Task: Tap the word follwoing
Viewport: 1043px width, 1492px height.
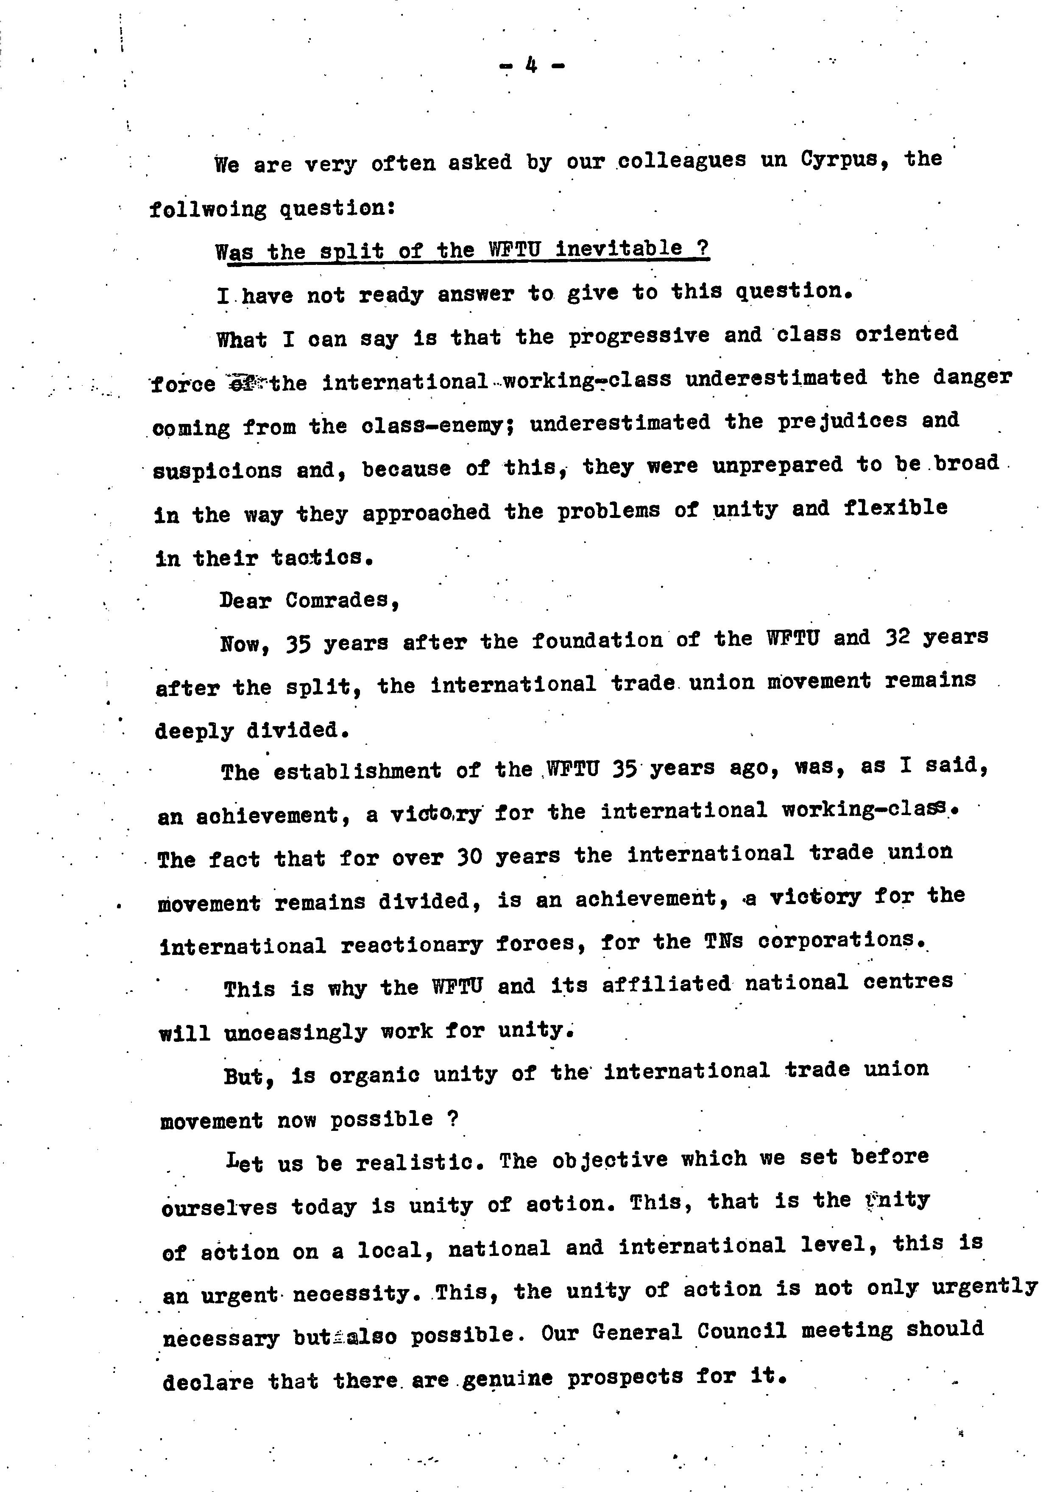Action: [208, 209]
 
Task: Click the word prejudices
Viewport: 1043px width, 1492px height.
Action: [842, 422]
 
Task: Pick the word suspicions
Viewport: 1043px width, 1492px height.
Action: [218, 470]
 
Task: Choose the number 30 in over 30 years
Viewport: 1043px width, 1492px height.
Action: [469, 857]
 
